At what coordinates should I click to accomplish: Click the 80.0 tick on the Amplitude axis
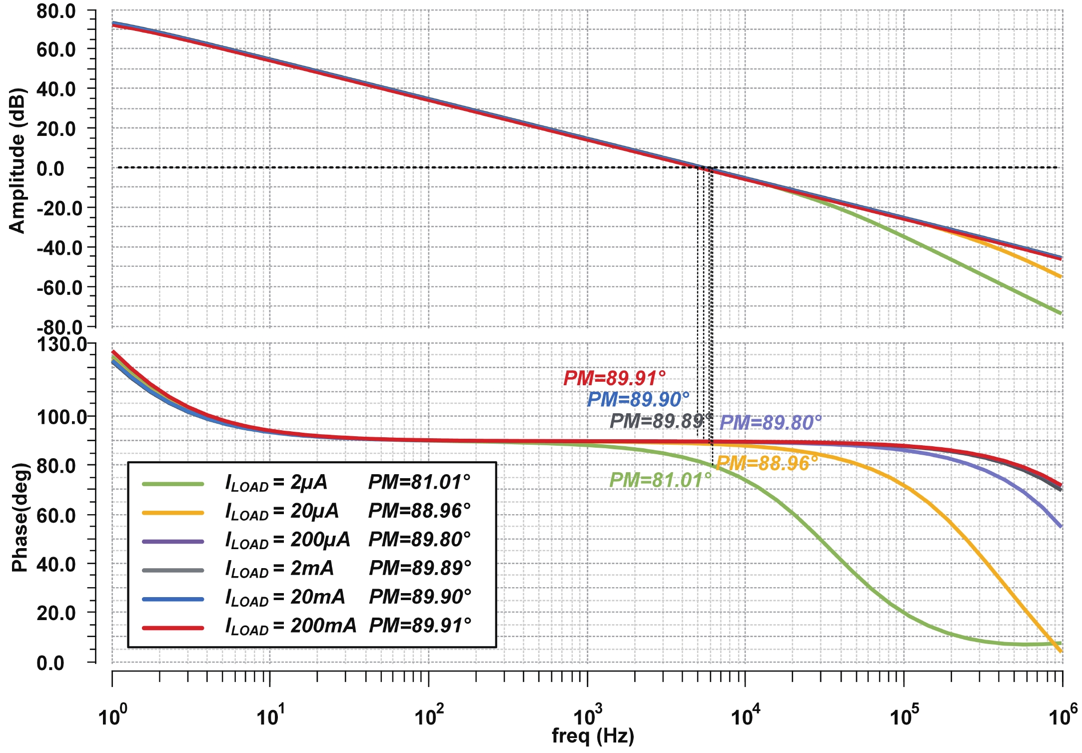pyautogui.click(x=56, y=11)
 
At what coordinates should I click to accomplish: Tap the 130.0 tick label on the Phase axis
pyautogui.click(x=62, y=345)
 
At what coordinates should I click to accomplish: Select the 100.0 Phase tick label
pyautogui.click(x=62, y=416)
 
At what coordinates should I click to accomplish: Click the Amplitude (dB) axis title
pyautogui.click(x=17, y=161)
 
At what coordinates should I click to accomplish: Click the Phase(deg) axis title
pyautogui.click(x=20, y=517)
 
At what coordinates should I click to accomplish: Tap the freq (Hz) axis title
pyautogui.click(x=593, y=736)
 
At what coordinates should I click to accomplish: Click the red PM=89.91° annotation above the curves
pyautogui.click(x=615, y=378)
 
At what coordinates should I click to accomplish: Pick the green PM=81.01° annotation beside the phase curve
pyautogui.click(x=660, y=480)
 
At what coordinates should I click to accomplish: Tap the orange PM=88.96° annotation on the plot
pyautogui.click(x=767, y=463)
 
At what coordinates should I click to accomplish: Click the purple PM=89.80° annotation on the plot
pyautogui.click(x=770, y=423)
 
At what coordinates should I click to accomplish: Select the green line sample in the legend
pyautogui.click(x=173, y=484)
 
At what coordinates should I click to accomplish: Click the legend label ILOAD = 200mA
pyautogui.click(x=290, y=626)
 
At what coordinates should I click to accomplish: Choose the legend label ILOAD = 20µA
pyautogui.click(x=282, y=511)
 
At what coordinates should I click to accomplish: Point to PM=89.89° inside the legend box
pyautogui.click(x=420, y=568)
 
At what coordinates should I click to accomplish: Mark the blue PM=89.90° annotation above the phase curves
pyautogui.click(x=638, y=400)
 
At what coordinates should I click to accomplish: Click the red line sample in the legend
pyautogui.click(x=173, y=628)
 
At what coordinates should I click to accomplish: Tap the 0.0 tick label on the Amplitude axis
pyautogui.click(x=50, y=168)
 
